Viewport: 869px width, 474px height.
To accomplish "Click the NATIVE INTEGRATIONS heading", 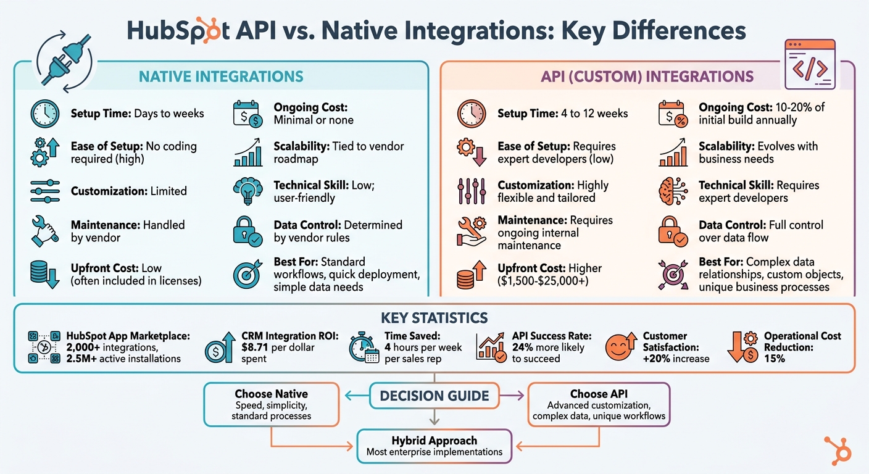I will point(221,77).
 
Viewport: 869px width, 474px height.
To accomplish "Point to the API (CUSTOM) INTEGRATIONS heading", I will point(647,77).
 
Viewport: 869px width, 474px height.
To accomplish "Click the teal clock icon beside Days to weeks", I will point(46,114).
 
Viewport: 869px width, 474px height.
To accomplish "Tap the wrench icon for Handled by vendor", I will point(46,231).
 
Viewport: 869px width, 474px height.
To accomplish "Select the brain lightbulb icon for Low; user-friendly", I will point(248,191).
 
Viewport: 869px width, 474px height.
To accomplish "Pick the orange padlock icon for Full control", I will point(673,231).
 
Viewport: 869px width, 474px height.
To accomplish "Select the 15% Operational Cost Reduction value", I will point(775,358).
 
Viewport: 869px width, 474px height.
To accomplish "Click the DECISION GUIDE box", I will point(434,396).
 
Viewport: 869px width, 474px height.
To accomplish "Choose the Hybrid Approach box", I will point(434,446).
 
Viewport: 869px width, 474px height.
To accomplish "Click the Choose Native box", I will point(272,404).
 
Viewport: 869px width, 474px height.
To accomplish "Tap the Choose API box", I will point(599,404).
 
